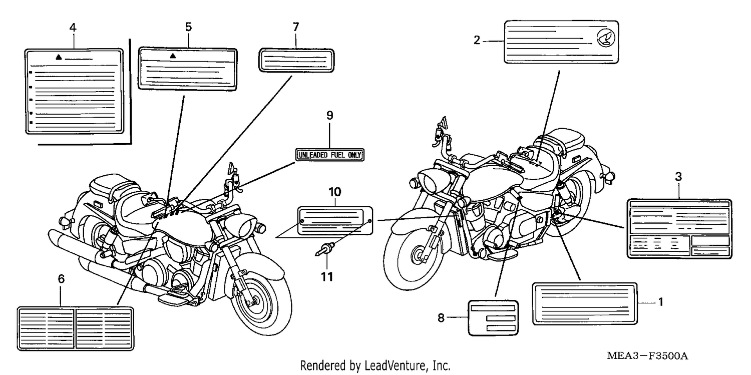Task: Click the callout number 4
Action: (73, 28)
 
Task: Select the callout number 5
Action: (188, 27)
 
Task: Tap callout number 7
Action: (296, 27)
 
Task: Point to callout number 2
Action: (477, 40)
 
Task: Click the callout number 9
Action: (330, 115)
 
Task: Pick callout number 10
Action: (334, 192)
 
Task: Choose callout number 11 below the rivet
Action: (327, 277)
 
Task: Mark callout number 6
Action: (61, 278)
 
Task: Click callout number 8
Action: (441, 318)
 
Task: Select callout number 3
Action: (678, 177)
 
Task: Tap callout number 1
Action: (661, 302)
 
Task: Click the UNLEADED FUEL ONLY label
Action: (330, 155)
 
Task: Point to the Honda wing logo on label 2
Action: (606, 38)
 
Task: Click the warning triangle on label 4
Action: (59, 57)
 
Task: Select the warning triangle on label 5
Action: (173, 56)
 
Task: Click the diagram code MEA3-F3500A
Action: (647, 356)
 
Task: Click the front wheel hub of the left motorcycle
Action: (253, 301)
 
